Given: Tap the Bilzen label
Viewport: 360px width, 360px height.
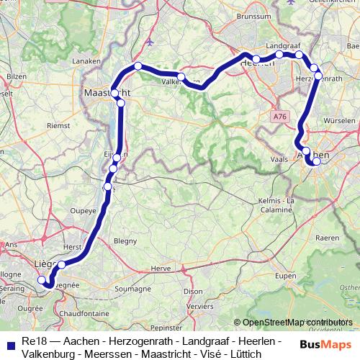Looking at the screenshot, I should tap(16, 76).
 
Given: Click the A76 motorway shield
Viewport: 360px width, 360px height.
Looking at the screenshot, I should tap(280, 114).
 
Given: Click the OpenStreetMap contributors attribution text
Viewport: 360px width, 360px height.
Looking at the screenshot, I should tap(294, 322).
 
